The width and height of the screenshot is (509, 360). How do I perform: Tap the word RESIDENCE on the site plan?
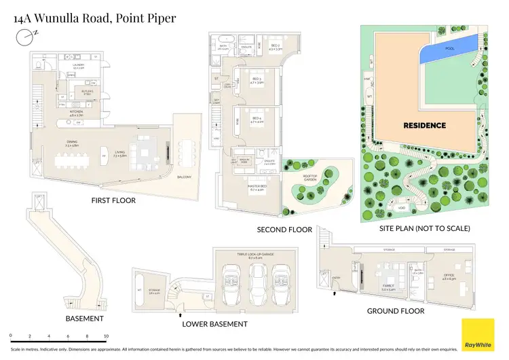click(424, 125)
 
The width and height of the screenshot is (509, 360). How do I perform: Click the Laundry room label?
click(77, 66)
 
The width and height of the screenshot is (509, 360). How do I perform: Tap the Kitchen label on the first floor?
click(77, 114)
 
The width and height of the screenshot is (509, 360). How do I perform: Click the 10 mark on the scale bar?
click(106, 336)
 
